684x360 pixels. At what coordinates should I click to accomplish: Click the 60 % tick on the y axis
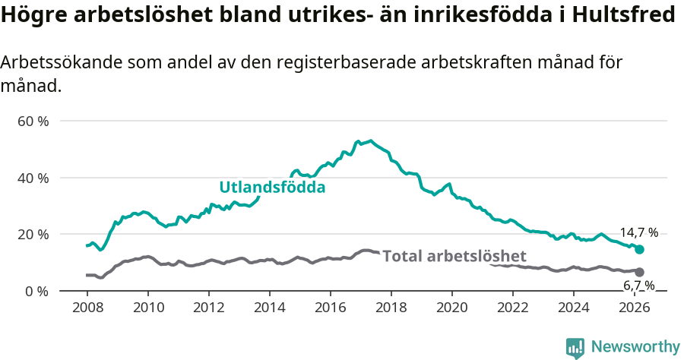(x=33, y=121)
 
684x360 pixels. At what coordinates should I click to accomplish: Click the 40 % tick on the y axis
(x=33, y=178)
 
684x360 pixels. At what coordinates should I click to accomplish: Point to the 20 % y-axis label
(x=33, y=234)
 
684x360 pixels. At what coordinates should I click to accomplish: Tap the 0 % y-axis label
(x=36, y=291)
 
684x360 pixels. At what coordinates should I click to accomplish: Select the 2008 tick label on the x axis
(x=87, y=307)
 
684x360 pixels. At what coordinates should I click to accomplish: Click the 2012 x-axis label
(x=209, y=307)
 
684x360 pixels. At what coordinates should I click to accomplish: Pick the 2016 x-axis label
(x=331, y=307)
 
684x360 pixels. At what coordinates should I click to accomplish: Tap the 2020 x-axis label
(x=452, y=307)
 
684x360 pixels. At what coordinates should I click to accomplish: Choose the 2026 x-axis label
(x=635, y=307)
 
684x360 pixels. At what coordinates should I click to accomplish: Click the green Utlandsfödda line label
(x=272, y=187)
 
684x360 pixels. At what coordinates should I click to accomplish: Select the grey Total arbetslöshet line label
(x=454, y=256)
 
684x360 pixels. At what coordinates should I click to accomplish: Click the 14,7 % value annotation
(x=638, y=233)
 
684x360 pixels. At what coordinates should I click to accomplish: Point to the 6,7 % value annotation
(x=638, y=286)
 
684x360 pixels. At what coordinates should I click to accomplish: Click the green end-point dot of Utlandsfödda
(x=639, y=249)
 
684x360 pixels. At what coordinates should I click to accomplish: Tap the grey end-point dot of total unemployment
(x=639, y=272)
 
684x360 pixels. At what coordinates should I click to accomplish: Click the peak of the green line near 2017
(x=370, y=141)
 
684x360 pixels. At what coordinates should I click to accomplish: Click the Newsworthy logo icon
(x=575, y=347)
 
